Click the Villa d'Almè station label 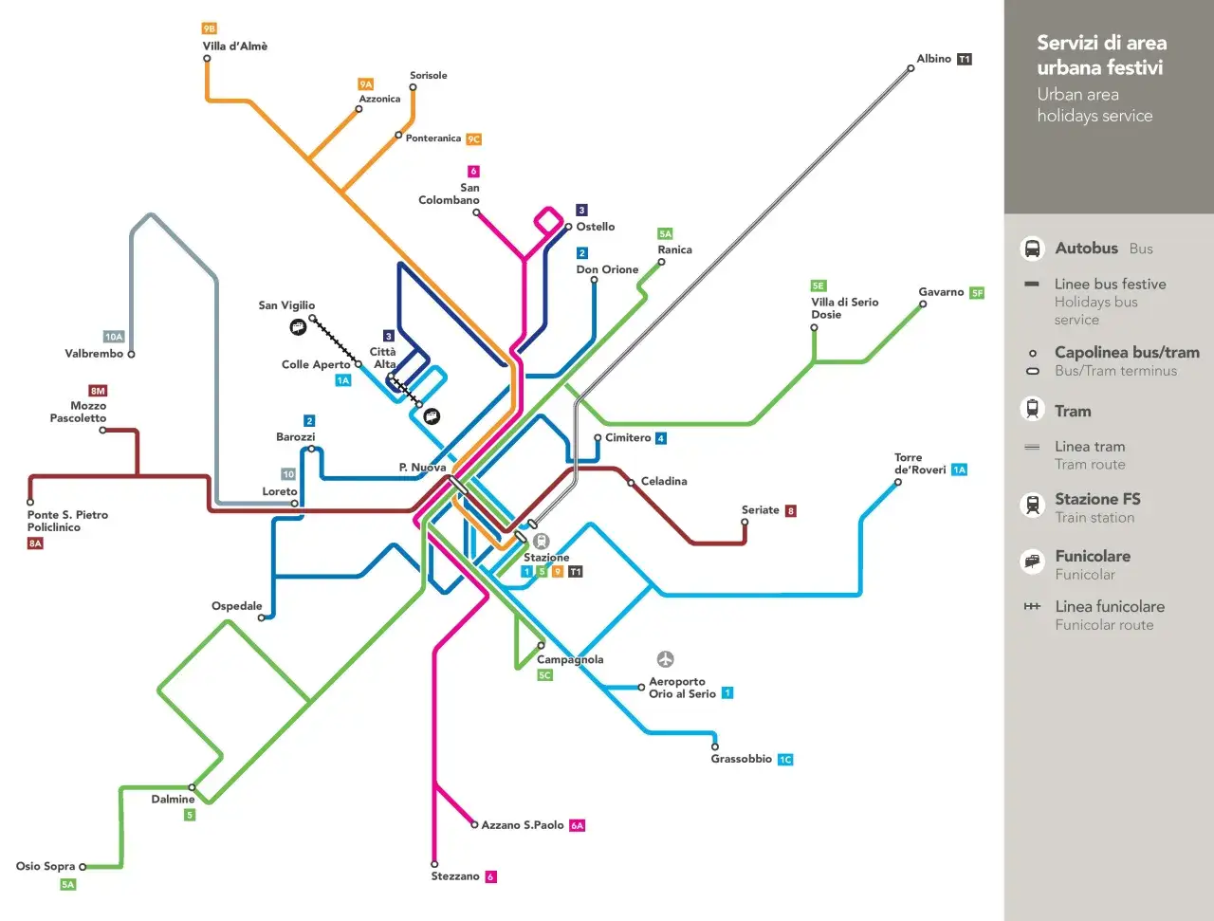[x=234, y=46]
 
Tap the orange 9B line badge [x=210, y=28]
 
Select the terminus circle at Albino [x=910, y=67]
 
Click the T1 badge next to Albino [x=965, y=59]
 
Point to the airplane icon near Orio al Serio [x=666, y=659]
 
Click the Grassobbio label [x=741, y=759]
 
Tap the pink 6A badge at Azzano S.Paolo [x=577, y=825]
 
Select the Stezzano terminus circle [x=434, y=864]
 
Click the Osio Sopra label [x=45, y=866]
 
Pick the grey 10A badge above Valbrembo [x=114, y=337]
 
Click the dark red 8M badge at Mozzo [x=98, y=390]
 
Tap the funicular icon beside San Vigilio [x=298, y=327]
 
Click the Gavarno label [x=941, y=292]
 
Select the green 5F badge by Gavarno [x=977, y=293]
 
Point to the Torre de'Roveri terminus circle [x=898, y=482]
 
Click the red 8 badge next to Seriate [x=791, y=510]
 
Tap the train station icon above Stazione [x=541, y=541]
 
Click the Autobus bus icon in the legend [x=1032, y=249]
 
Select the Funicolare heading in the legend [x=1093, y=557]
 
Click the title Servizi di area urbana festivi [x=1101, y=55]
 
